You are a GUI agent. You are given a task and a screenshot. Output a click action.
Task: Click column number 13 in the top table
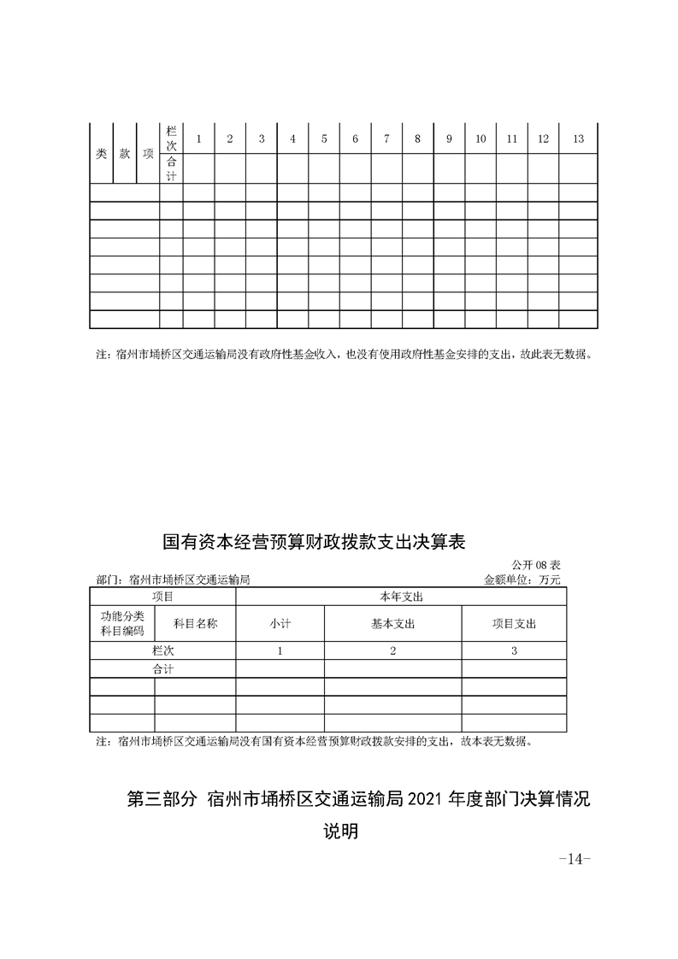pos(578,139)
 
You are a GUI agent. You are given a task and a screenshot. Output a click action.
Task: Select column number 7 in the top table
pos(386,139)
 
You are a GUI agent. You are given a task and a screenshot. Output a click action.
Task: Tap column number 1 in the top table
pos(198,139)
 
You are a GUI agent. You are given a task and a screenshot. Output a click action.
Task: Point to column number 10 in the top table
pos(480,139)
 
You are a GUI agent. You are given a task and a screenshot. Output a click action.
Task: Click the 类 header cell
pos(101,154)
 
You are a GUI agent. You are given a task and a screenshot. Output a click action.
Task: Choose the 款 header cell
pos(125,154)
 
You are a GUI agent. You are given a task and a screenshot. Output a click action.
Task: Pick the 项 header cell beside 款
pos(148,154)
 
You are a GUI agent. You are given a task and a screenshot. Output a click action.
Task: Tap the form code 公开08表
pos(536,565)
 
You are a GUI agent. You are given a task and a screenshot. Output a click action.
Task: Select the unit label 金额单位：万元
pos(522,579)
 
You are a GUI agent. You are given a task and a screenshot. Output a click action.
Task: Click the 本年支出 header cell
pos(401,596)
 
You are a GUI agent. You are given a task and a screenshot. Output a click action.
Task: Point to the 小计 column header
pos(280,624)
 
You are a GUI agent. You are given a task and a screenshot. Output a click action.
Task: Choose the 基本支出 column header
pos(392,624)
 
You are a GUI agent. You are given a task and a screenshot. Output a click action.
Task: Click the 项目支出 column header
pos(514,624)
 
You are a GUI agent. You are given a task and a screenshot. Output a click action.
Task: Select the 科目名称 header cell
pos(195,624)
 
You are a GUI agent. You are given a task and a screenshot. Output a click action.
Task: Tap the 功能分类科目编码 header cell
pos(122,624)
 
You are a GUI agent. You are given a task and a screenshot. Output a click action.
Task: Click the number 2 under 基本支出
pos(392,651)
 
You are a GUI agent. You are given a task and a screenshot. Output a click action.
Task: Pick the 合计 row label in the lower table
pos(162,669)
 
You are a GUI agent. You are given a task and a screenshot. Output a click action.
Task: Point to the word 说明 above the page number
pos(339,831)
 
